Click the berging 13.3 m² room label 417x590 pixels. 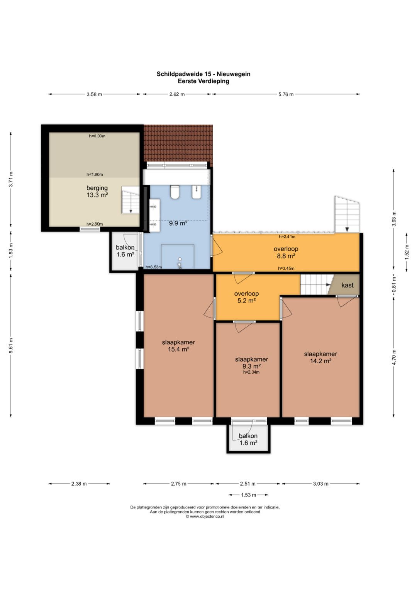(97, 191)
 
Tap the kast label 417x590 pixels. (347, 285)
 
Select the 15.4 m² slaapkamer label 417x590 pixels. (178, 345)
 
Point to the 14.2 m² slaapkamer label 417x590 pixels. (320, 357)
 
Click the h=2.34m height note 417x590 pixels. (251, 372)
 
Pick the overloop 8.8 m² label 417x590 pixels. (286, 252)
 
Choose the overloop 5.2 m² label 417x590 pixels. (246, 297)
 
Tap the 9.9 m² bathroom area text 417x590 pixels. (178, 223)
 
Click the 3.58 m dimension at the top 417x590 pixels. (94, 94)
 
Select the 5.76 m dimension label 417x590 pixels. (286, 94)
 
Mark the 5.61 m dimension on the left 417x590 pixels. (11, 345)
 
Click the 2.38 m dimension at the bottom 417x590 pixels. (79, 484)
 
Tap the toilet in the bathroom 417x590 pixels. (175, 192)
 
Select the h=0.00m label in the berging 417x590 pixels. (97, 136)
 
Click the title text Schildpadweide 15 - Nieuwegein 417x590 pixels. (203, 74)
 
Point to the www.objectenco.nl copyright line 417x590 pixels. (205, 517)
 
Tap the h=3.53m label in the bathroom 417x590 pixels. (154, 267)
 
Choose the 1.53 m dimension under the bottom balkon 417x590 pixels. (248, 495)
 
